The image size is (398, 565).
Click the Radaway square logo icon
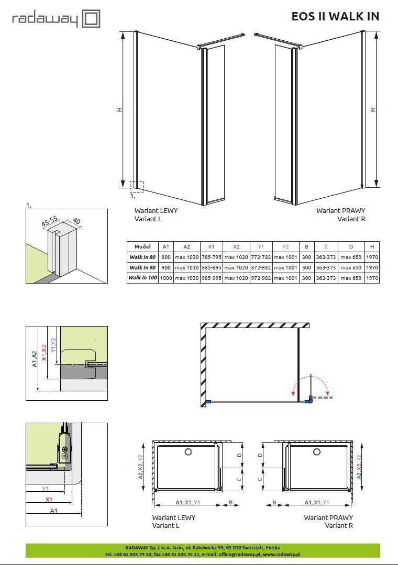tap(91, 19)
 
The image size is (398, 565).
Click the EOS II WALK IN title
tap(335, 16)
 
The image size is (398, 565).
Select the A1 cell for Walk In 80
tap(166, 257)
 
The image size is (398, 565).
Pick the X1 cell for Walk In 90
tap(212, 268)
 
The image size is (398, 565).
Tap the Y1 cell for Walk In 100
tap(261, 278)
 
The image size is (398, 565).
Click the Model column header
tap(142, 247)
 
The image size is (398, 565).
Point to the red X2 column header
tap(236, 247)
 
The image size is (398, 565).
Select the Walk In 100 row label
tap(143, 278)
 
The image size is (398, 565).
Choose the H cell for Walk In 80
tap(372, 257)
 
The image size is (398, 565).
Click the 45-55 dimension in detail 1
tap(49, 222)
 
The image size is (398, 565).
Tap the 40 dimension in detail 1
tap(76, 221)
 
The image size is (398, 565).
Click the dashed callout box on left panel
tap(137, 187)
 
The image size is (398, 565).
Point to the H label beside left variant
tap(119, 109)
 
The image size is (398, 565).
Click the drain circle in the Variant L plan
tap(189, 451)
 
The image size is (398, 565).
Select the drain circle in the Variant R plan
tap(317, 451)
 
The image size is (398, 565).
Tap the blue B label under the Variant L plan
tap(230, 502)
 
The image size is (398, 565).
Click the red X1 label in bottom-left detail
tap(49, 500)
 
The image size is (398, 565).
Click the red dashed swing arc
tap(311, 381)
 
